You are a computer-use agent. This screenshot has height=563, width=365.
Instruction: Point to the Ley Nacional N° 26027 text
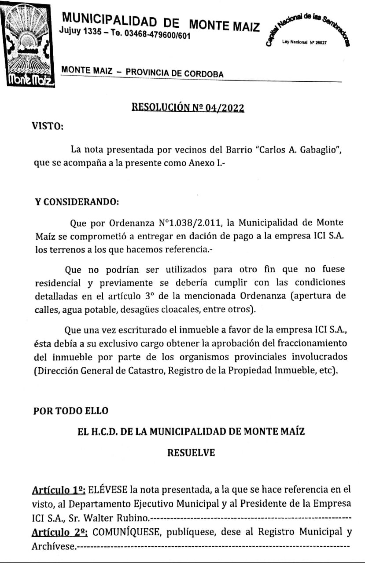tap(305, 43)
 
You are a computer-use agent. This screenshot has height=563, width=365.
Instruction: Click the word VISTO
tap(48, 126)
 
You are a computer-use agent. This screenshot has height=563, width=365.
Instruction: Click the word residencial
tap(58, 283)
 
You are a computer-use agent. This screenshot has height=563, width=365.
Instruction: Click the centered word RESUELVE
tap(191, 453)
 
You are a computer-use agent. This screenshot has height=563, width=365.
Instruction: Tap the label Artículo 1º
tap(59, 490)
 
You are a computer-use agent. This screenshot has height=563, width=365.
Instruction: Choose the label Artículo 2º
tap(59, 533)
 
